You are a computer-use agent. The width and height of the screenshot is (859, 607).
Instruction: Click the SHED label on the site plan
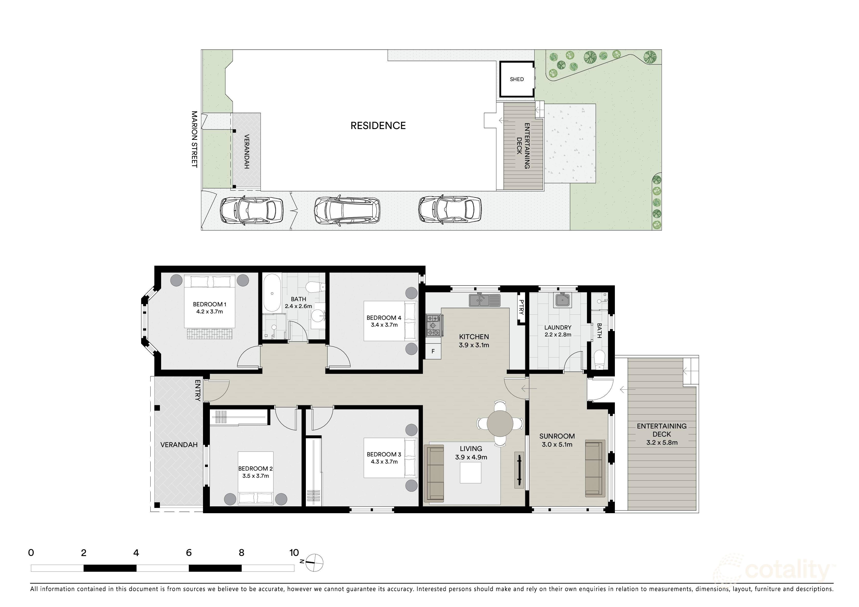517,79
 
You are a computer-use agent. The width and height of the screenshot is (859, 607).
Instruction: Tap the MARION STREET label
194,139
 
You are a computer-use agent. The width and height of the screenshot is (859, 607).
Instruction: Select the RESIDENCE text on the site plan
378,126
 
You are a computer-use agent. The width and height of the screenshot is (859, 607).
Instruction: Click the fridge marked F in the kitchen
433,351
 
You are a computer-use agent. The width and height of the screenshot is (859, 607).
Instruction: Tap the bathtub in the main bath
272,294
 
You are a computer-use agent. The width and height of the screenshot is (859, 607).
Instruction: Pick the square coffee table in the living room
471,473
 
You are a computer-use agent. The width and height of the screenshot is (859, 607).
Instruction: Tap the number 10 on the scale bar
294,552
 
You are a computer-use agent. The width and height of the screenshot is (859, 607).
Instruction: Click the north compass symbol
314,562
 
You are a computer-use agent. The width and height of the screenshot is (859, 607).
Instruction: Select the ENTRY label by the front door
198,391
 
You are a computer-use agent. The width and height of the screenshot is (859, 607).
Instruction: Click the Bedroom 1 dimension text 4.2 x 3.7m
210,311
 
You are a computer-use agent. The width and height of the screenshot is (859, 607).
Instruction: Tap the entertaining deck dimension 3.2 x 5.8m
662,442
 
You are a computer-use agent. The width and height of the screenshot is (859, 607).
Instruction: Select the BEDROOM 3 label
384,454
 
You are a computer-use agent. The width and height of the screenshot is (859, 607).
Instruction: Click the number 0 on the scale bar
31,552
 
